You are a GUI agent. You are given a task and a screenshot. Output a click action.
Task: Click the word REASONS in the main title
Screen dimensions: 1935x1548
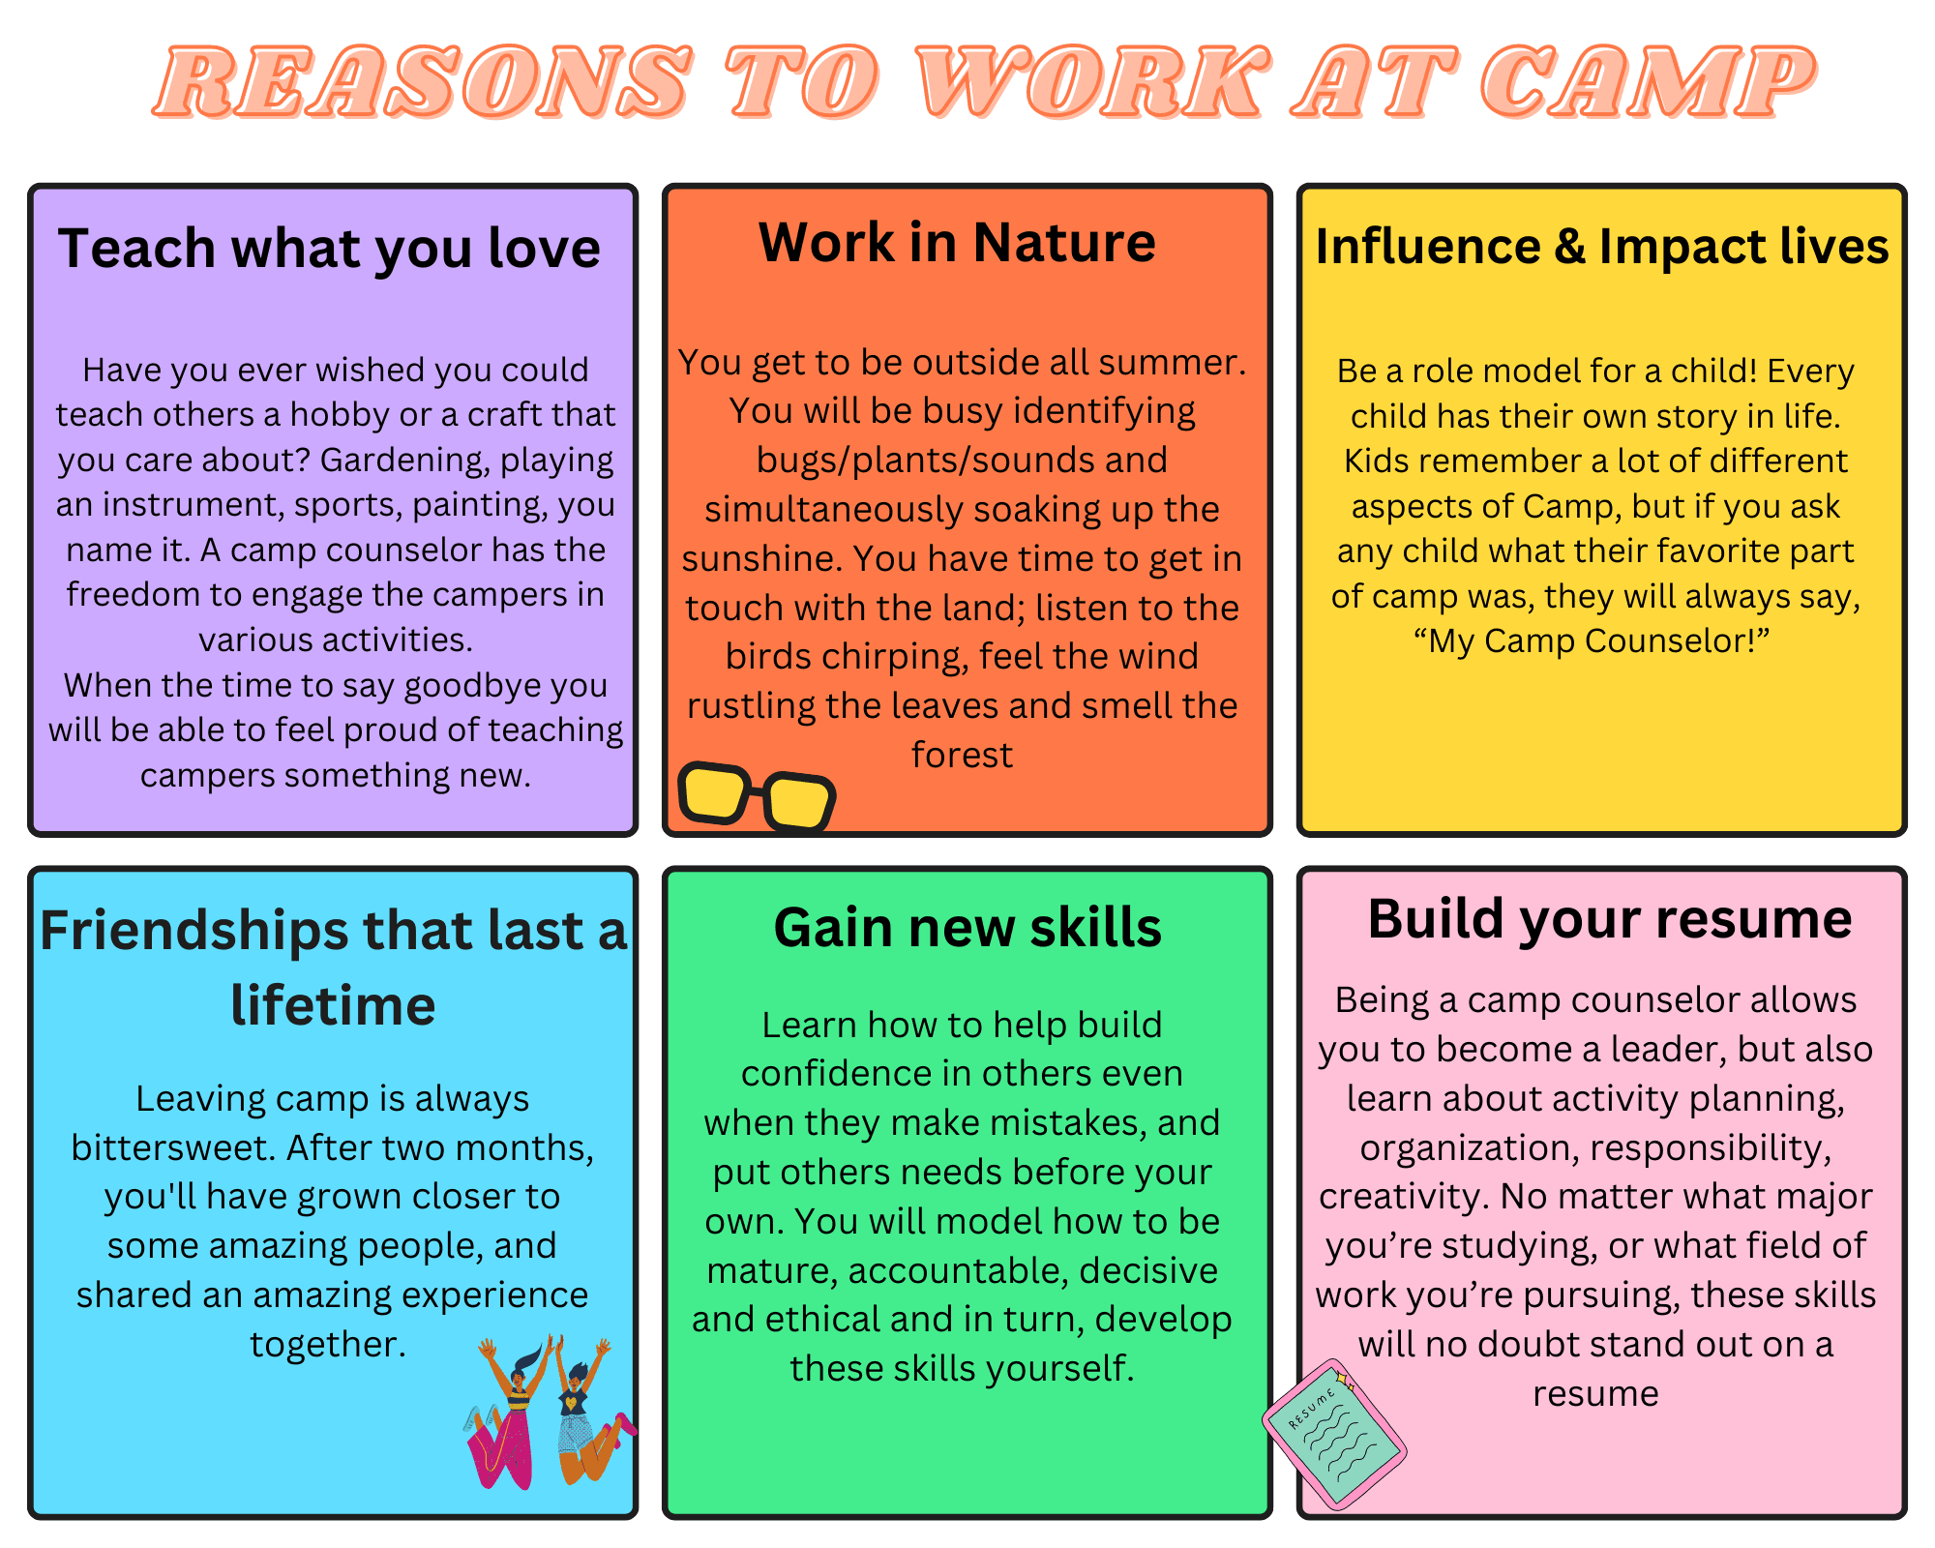423,82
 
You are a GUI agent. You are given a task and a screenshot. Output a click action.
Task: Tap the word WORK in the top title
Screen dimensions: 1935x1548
1092,82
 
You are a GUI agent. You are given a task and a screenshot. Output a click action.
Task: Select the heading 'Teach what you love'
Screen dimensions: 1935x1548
329,249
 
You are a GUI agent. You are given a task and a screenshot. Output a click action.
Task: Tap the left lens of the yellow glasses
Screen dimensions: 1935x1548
714,792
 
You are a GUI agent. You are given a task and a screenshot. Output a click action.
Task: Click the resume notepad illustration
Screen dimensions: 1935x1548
1334,1435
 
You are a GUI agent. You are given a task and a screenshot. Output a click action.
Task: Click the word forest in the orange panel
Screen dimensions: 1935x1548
962,755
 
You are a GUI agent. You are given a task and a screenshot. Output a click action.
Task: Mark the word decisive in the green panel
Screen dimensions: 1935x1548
1148,1270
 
